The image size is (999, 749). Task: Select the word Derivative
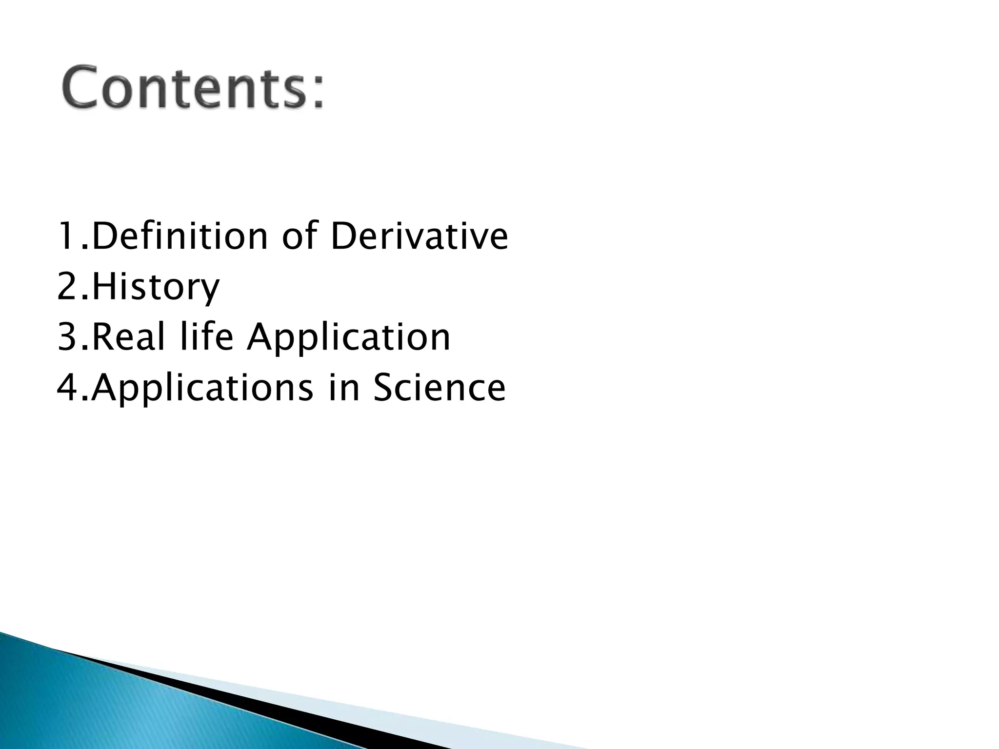pyautogui.click(x=419, y=237)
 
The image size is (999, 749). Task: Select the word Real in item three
pyautogui.click(x=128, y=337)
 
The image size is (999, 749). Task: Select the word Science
pyautogui.click(x=440, y=388)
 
